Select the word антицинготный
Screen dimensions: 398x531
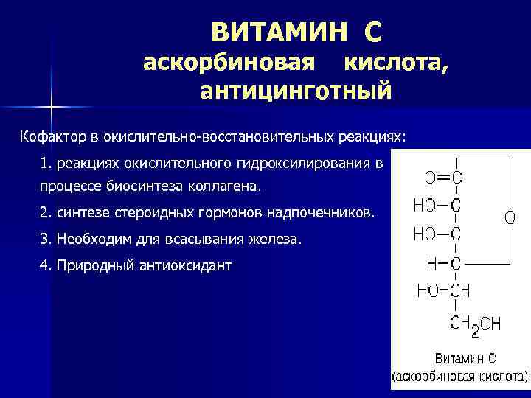[x=295, y=91]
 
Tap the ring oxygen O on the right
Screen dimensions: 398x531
[x=510, y=218]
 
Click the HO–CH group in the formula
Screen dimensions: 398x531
[x=443, y=290]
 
